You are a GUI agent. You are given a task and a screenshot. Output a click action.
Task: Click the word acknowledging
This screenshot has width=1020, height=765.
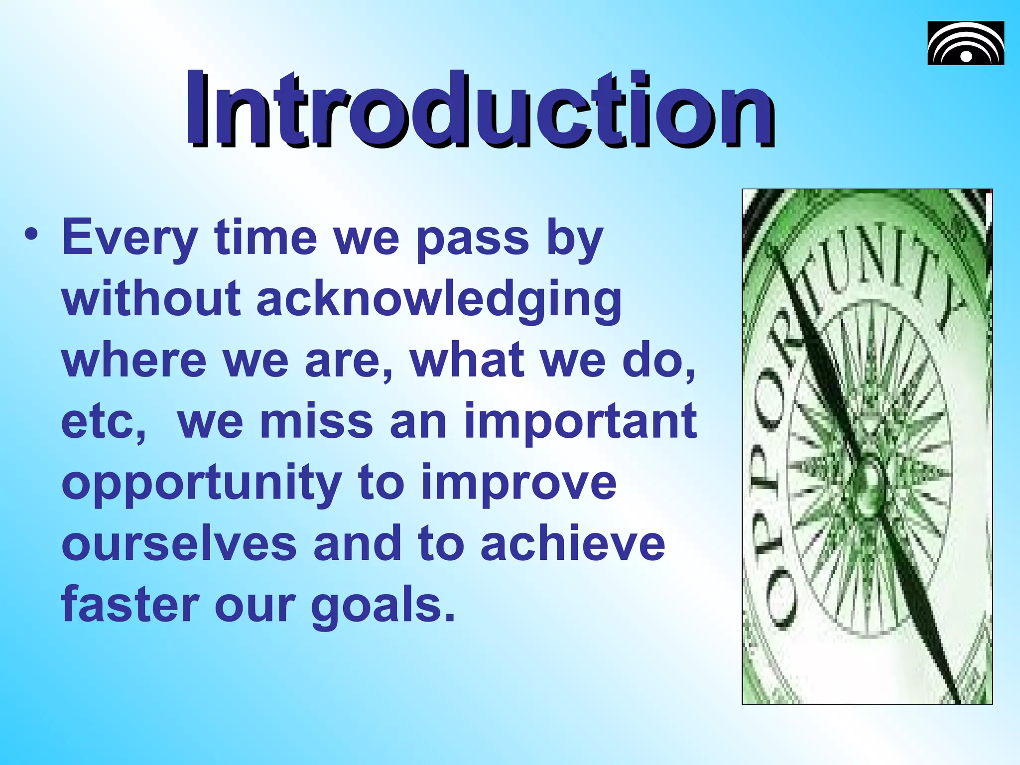click(x=439, y=300)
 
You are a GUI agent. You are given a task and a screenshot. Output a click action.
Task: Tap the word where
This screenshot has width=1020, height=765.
click(x=134, y=360)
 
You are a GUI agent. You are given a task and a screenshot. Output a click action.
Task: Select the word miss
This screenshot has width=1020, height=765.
click(x=317, y=422)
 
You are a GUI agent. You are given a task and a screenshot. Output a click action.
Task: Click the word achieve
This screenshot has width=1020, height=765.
click(x=573, y=544)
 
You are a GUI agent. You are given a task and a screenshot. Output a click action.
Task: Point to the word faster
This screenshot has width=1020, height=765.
click(x=130, y=605)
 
